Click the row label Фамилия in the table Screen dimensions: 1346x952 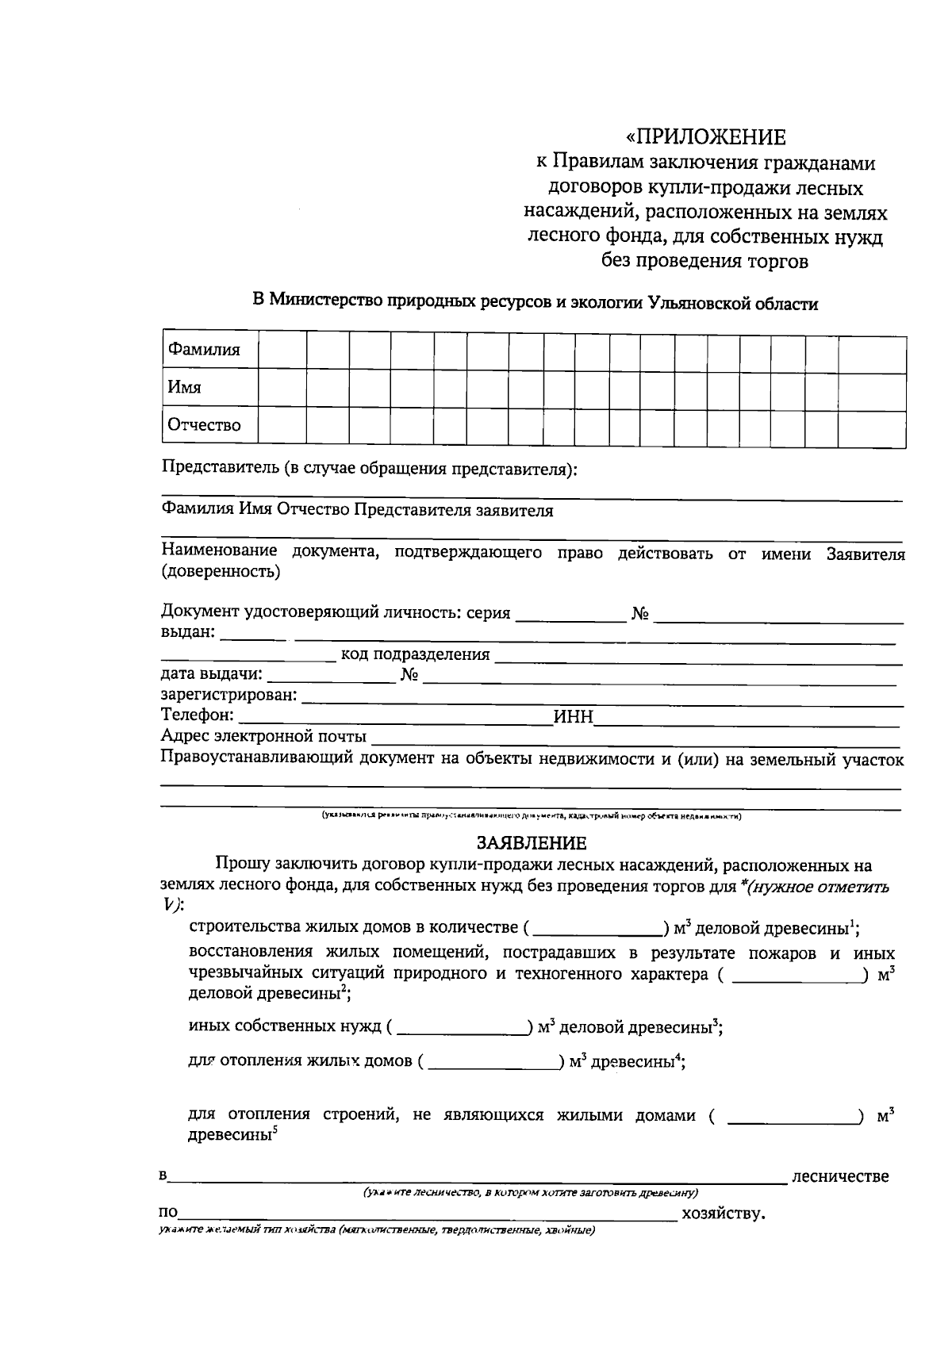click(203, 350)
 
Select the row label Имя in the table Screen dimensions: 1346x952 click(184, 387)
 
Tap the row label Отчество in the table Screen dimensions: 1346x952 click(204, 425)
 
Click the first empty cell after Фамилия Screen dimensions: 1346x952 click(282, 350)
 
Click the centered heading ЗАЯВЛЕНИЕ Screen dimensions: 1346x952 click(531, 842)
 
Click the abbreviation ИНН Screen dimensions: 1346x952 click(573, 717)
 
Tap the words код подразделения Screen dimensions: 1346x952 click(415, 655)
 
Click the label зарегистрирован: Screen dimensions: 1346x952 click(229, 696)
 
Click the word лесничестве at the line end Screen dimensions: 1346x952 click(840, 1176)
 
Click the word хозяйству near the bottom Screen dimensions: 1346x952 click(721, 1214)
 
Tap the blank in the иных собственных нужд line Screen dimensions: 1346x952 click(463, 1029)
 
